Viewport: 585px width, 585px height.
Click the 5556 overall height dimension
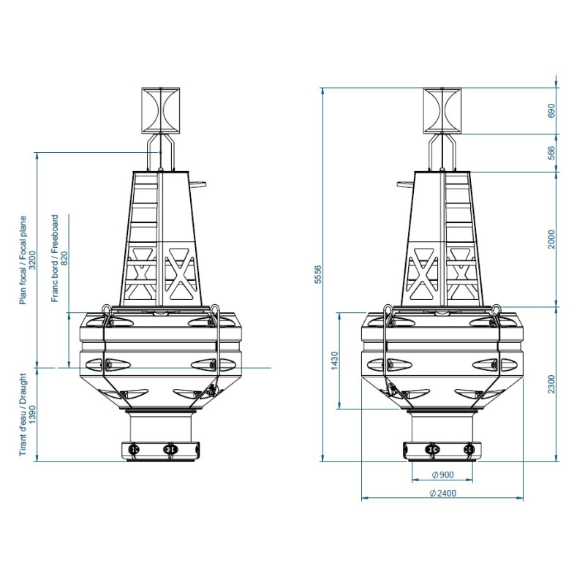coord(318,275)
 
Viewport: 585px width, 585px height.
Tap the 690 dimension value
coord(551,111)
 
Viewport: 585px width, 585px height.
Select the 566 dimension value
coord(551,153)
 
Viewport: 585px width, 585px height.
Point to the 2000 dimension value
coord(551,239)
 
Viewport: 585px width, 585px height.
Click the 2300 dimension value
coord(551,384)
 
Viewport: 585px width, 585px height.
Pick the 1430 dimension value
coord(334,361)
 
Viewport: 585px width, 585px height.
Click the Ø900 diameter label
coord(442,475)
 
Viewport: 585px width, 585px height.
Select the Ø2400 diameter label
coord(442,493)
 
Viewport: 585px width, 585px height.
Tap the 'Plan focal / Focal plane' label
coord(23,260)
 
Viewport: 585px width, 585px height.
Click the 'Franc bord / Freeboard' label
coord(55,258)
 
